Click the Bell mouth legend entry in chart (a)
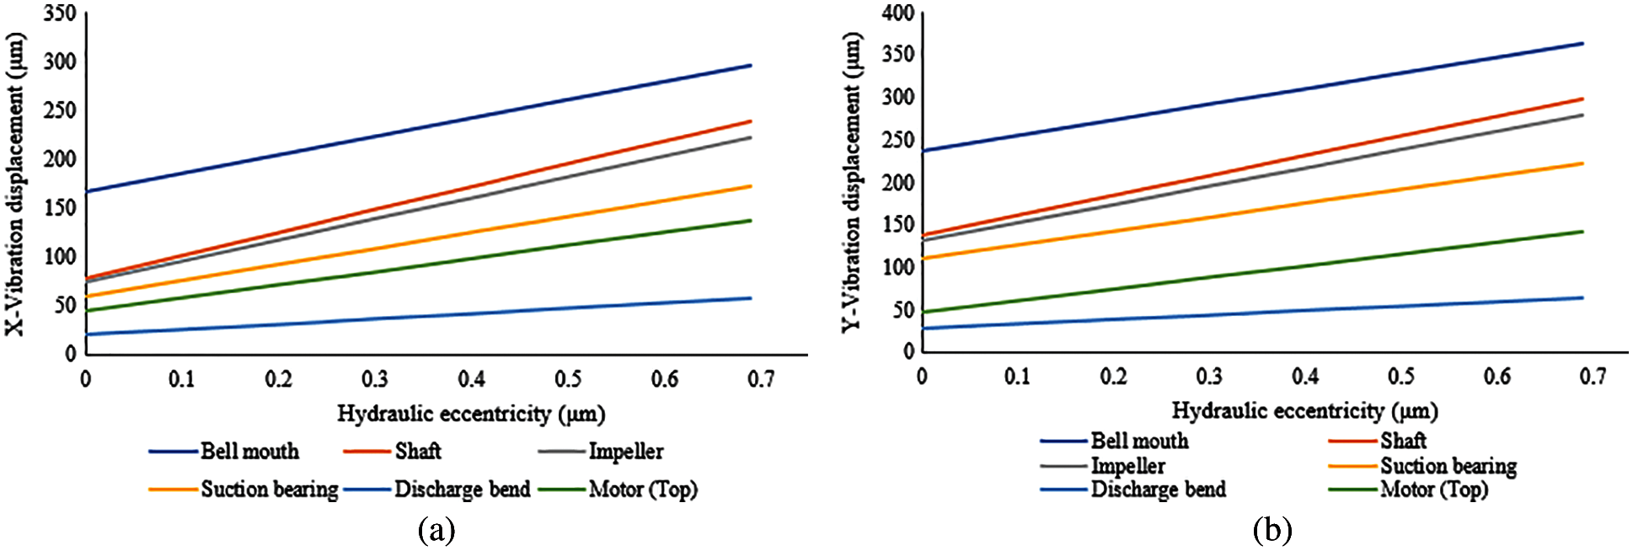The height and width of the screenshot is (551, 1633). tap(249, 452)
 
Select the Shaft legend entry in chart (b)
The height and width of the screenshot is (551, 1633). tap(1403, 441)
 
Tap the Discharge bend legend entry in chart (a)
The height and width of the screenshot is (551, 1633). tap(462, 489)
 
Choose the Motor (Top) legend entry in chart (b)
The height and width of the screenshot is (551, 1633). tap(1433, 489)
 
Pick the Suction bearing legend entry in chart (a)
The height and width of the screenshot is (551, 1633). tap(269, 489)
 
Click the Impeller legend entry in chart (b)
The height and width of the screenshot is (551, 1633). tap(1127, 466)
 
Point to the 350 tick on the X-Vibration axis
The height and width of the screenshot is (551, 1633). tap(60, 13)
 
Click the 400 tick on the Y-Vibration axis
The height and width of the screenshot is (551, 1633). tap(898, 13)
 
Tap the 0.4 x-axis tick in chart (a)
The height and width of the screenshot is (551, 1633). tap(472, 379)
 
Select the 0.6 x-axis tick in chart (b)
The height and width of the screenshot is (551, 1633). tap(1497, 376)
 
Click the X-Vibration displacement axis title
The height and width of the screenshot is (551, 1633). tap(16, 185)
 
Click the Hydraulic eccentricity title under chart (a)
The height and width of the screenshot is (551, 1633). tap(471, 414)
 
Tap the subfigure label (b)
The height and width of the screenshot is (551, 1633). tap(1272, 530)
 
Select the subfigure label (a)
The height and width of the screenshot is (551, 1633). tap(436, 530)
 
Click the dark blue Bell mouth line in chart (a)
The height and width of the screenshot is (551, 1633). tap(421, 127)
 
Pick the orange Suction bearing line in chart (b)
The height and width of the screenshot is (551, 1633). tap(1264, 209)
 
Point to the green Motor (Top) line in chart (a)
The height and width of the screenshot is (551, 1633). tap(421, 265)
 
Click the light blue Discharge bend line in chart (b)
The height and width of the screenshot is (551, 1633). tap(1264, 313)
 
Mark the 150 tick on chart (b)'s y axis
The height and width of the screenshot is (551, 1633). tap(898, 225)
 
